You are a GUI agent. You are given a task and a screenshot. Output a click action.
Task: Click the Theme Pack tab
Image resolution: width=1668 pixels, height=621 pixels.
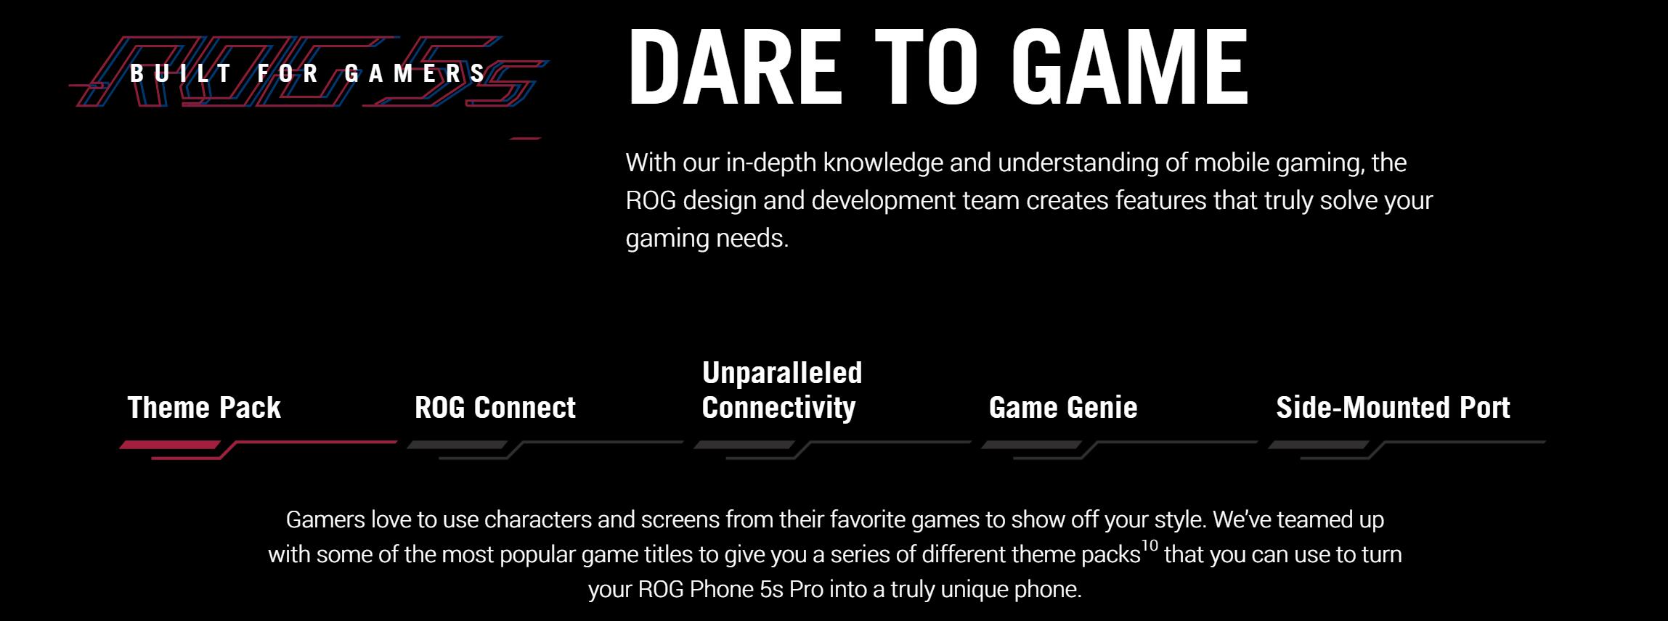(204, 408)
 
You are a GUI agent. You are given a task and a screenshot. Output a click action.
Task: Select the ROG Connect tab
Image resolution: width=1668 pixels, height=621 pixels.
(495, 408)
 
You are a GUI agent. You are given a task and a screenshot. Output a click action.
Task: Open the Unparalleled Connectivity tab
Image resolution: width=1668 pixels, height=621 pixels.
(782, 390)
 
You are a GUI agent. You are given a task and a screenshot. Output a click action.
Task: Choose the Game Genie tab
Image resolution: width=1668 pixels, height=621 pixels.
(1063, 408)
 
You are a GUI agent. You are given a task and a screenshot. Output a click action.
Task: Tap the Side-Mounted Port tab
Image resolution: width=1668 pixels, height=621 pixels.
(1393, 408)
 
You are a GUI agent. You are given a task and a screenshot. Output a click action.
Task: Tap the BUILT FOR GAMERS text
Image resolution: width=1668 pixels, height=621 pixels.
(308, 73)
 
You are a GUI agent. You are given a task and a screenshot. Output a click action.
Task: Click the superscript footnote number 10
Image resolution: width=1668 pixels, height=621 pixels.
(1150, 546)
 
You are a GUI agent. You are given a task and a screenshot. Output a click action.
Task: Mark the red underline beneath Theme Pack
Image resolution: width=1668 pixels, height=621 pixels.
(258, 449)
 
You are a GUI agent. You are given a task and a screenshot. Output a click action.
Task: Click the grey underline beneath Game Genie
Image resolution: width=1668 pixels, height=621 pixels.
(1119, 449)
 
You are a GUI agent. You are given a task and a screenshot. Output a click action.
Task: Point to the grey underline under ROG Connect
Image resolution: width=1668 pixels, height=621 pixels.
(545, 449)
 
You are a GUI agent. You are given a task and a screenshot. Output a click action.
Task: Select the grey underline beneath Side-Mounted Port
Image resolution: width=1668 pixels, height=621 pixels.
(1407, 449)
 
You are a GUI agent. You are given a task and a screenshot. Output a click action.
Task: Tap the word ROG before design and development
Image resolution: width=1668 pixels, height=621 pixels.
(651, 200)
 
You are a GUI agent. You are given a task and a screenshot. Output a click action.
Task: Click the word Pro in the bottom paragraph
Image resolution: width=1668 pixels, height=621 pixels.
(806, 589)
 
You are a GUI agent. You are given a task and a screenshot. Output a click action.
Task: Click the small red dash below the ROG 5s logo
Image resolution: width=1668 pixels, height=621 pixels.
(525, 138)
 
